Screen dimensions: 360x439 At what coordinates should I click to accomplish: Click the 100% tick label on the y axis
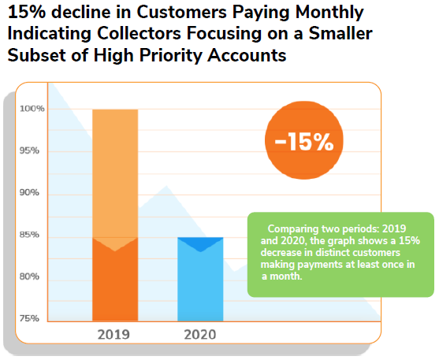tap(32, 109)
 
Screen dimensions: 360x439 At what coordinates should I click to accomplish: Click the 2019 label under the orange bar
tap(114, 333)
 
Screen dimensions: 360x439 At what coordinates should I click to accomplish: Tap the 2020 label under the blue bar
tap(199, 333)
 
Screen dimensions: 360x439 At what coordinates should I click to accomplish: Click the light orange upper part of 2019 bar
tap(115, 173)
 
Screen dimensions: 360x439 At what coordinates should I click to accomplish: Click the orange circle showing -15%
tap(303, 142)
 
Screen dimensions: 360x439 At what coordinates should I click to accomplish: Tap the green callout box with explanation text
tap(340, 254)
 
